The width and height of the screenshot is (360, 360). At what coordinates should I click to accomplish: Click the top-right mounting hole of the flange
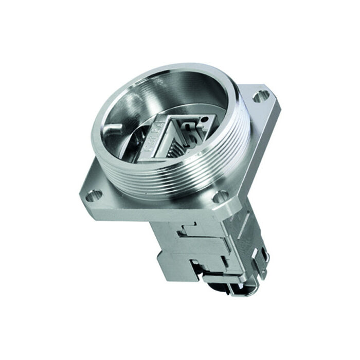point(261,95)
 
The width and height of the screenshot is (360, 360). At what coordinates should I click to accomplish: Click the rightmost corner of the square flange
point(282,105)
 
